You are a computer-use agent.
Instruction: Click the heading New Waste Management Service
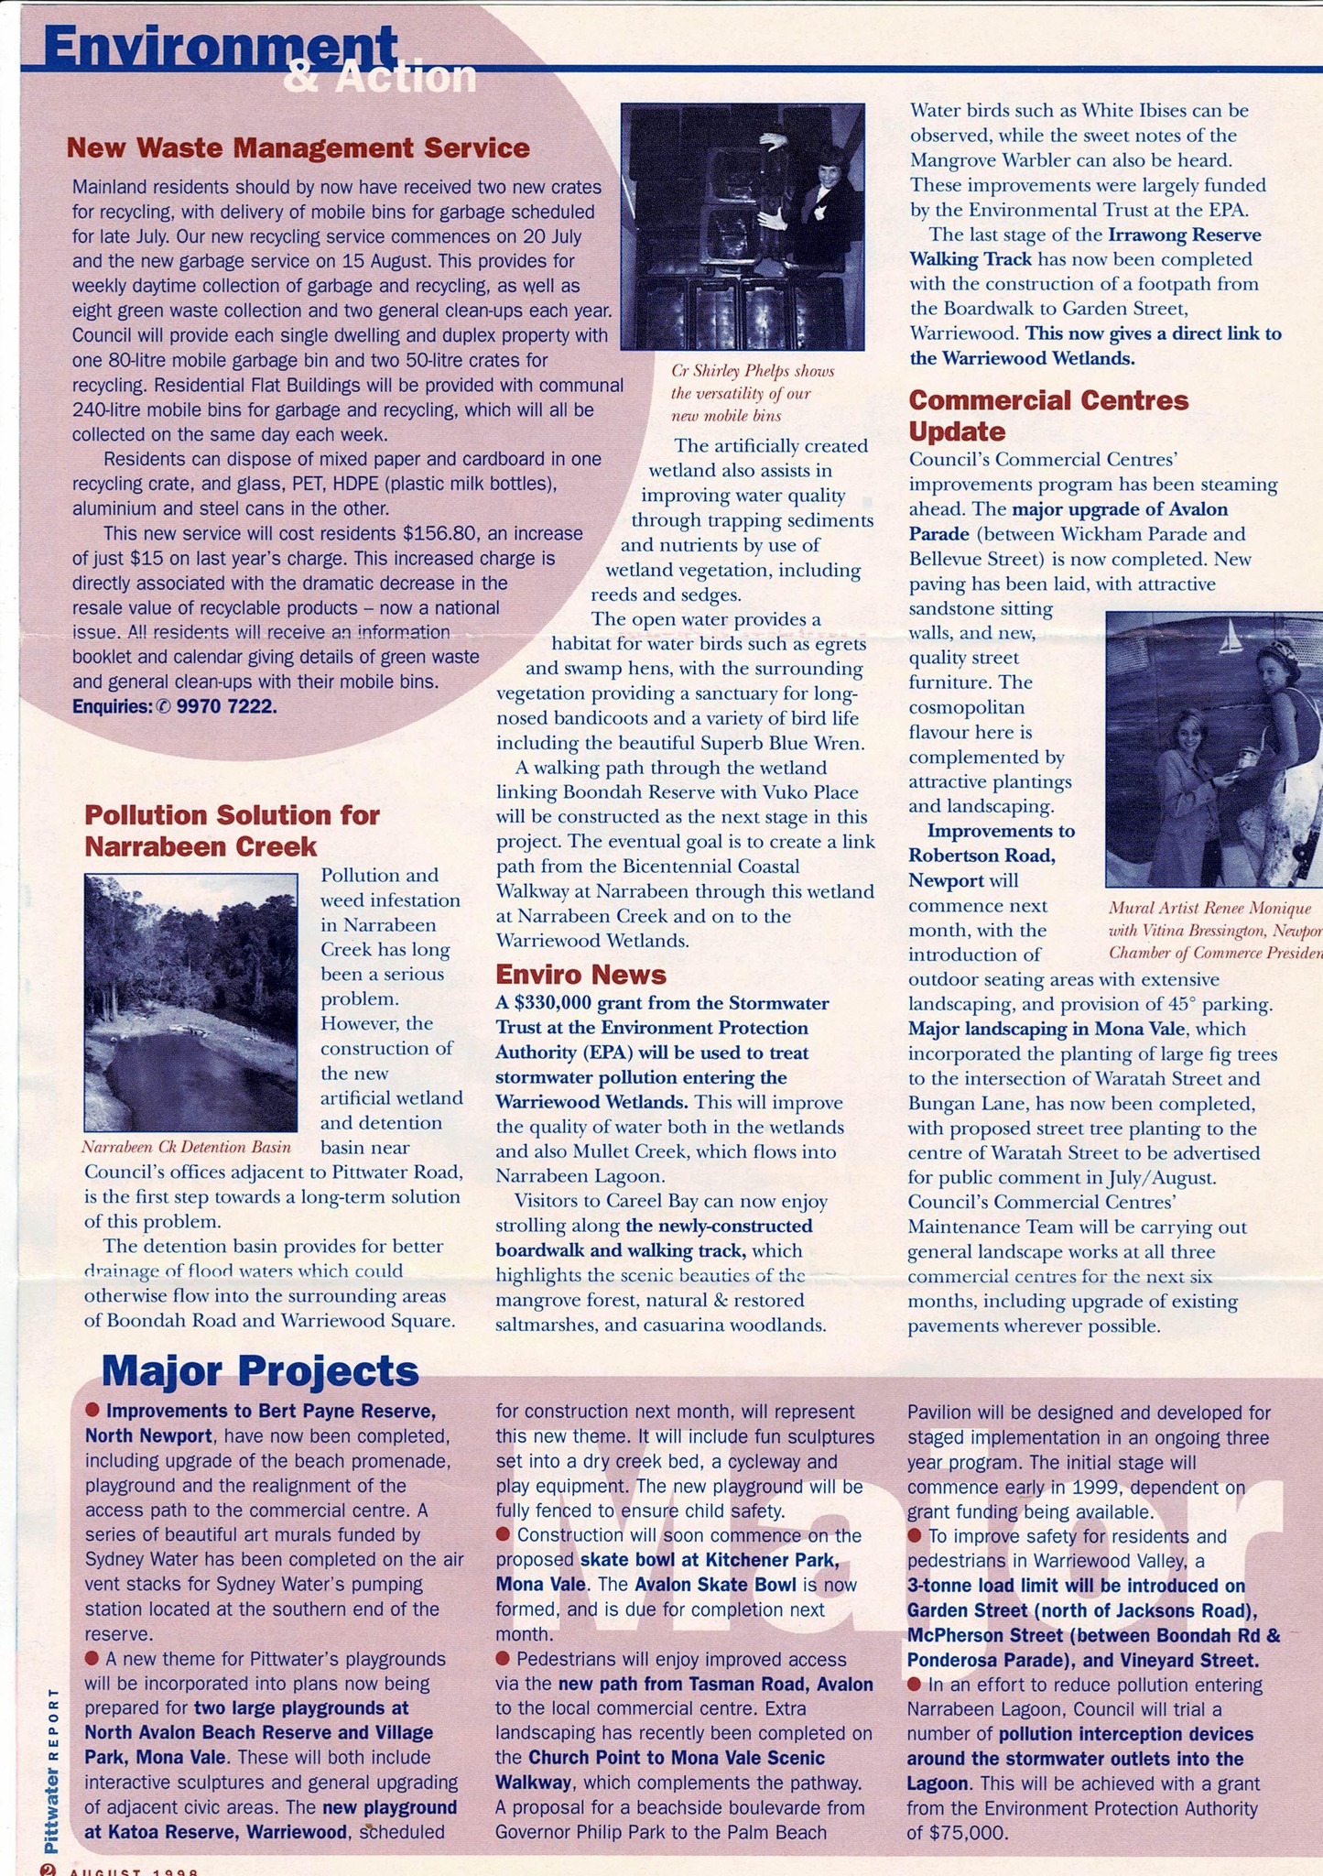click(x=298, y=147)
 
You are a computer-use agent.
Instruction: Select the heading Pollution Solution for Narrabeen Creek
click(x=232, y=830)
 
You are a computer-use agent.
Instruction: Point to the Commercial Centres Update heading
click(x=1048, y=415)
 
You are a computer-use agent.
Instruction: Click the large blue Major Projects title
click(x=260, y=1370)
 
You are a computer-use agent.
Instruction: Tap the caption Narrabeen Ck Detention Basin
click(x=187, y=1147)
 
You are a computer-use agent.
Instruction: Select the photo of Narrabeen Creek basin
click(x=190, y=1002)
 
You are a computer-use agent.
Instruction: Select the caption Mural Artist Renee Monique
click(x=1209, y=909)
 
